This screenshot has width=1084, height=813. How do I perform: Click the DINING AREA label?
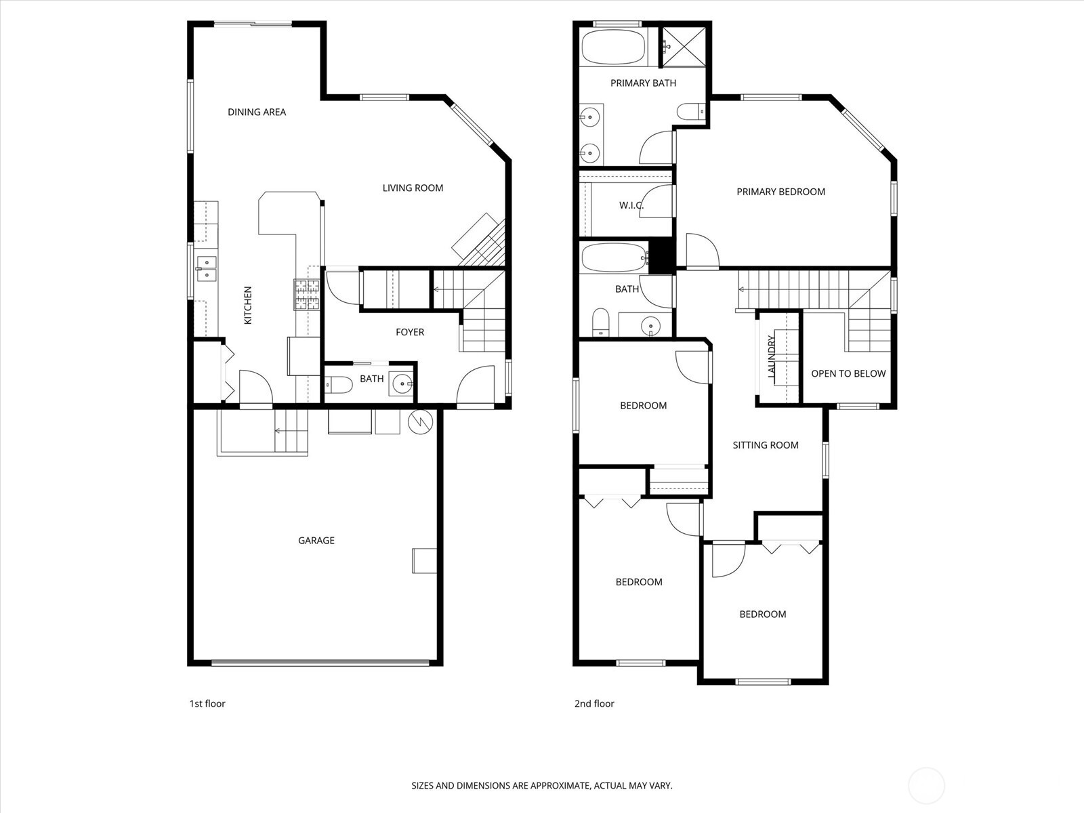(x=257, y=112)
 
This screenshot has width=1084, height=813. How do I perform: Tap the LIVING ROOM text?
(x=413, y=188)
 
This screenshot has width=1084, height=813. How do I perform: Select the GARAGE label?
(x=316, y=540)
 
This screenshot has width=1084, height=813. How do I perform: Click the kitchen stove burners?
(x=306, y=295)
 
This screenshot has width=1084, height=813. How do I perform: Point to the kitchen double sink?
(x=206, y=268)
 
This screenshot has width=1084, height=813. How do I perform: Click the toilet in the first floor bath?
(x=339, y=385)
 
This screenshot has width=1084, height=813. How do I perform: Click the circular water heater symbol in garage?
(x=421, y=422)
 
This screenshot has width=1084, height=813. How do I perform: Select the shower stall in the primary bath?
(x=683, y=46)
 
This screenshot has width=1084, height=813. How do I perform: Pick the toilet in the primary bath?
(x=690, y=111)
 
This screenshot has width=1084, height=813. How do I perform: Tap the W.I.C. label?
(x=631, y=205)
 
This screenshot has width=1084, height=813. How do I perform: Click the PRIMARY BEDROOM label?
(x=780, y=192)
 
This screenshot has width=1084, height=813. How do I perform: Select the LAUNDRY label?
(x=771, y=356)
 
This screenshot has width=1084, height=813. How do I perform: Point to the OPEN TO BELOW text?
(x=848, y=373)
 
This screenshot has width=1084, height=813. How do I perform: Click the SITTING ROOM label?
(x=766, y=445)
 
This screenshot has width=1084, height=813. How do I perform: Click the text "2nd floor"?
(x=594, y=703)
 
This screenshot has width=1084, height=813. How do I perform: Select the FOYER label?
(x=410, y=332)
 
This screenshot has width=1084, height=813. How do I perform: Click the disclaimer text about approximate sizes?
(x=542, y=786)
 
